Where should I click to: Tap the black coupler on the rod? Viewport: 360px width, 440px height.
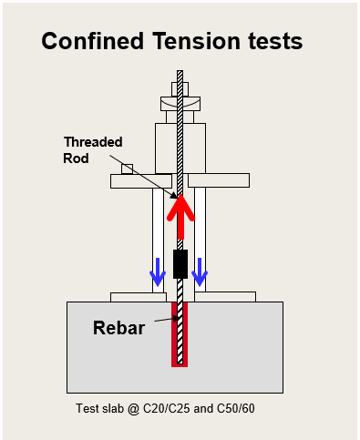pyautogui.click(x=180, y=264)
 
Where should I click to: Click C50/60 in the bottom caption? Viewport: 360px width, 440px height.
pyautogui.click(x=235, y=407)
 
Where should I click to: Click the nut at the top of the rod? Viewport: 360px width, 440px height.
pyautogui.click(x=179, y=91)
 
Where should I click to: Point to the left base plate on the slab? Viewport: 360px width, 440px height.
pyautogui.click(x=138, y=296)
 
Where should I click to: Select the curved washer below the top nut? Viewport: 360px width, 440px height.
pyautogui.click(x=179, y=105)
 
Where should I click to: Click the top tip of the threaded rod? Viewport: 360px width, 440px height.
pyautogui.click(x=180, y=75)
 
